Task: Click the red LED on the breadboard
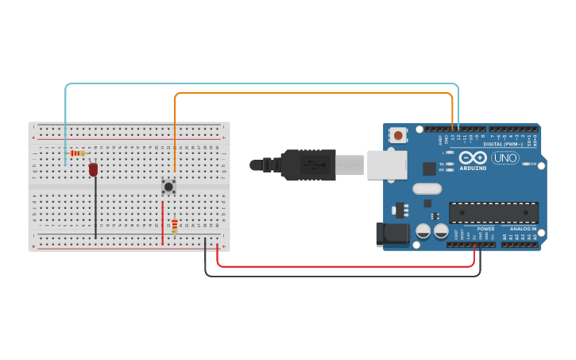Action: (93, 169)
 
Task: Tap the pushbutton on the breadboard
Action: (168, 186)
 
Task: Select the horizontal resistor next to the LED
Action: (77, 153)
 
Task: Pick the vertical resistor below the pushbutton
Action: (175, 226)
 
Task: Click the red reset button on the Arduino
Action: (398, 135)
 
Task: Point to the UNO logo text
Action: (505, 157)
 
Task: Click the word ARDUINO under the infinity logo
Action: (473, 168)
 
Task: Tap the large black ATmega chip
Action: (493, 212)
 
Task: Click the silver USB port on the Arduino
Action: (387, 165)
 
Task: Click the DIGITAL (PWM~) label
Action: (503, 144)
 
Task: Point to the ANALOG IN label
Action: (523, 229)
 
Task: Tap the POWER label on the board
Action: (485, 229)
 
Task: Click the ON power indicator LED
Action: (526, 165)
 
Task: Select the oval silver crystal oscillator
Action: (427, 189)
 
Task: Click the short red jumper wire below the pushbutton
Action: (163, 223)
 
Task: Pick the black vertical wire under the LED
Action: (96, 207)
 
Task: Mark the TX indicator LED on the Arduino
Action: (450, 164)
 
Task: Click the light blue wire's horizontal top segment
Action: (262, 83)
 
